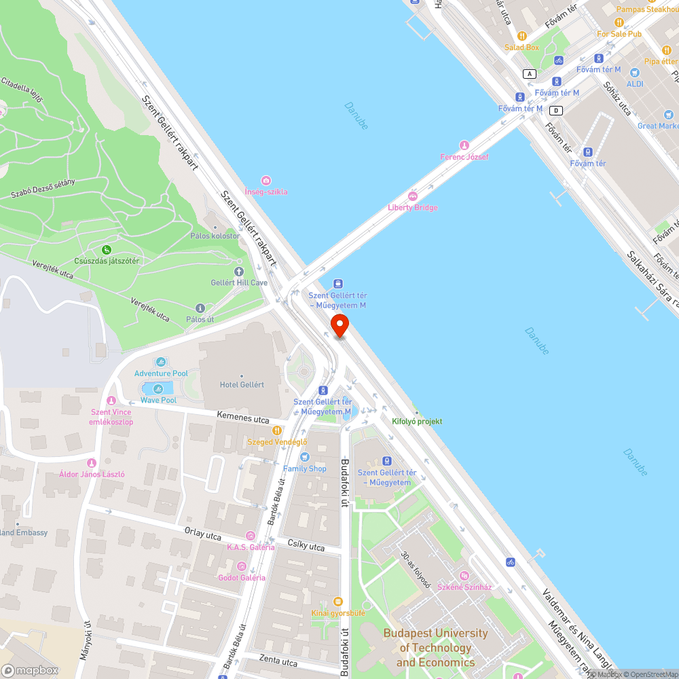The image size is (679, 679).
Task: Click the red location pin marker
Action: tap(339, 326)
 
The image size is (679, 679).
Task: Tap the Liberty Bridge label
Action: tap(413, 208)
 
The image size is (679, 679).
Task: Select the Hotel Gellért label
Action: tap(242, 385)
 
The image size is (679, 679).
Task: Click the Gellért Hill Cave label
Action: tap(239, 282)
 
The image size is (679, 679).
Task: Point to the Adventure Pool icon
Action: tap(161, 362)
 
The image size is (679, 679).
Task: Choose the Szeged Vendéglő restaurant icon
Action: tap(277, 430)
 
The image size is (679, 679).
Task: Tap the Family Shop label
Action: tap(304, 469)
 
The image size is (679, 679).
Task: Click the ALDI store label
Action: tap(635, 84)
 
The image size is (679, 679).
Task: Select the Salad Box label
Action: tap(521, 48)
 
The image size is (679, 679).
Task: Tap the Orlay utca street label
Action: tap(204, 533)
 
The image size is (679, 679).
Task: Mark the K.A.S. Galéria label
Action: tap(251, 547)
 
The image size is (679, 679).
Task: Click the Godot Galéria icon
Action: tap(241, 566)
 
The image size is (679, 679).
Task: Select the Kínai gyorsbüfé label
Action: tap(338, 613)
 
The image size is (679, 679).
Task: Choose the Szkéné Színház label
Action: tap(464, 587)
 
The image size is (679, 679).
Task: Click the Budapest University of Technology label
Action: tap(435, 648)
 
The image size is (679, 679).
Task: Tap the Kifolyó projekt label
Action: tap(417, 421)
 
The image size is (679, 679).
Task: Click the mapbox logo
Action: tap(30, 670)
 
